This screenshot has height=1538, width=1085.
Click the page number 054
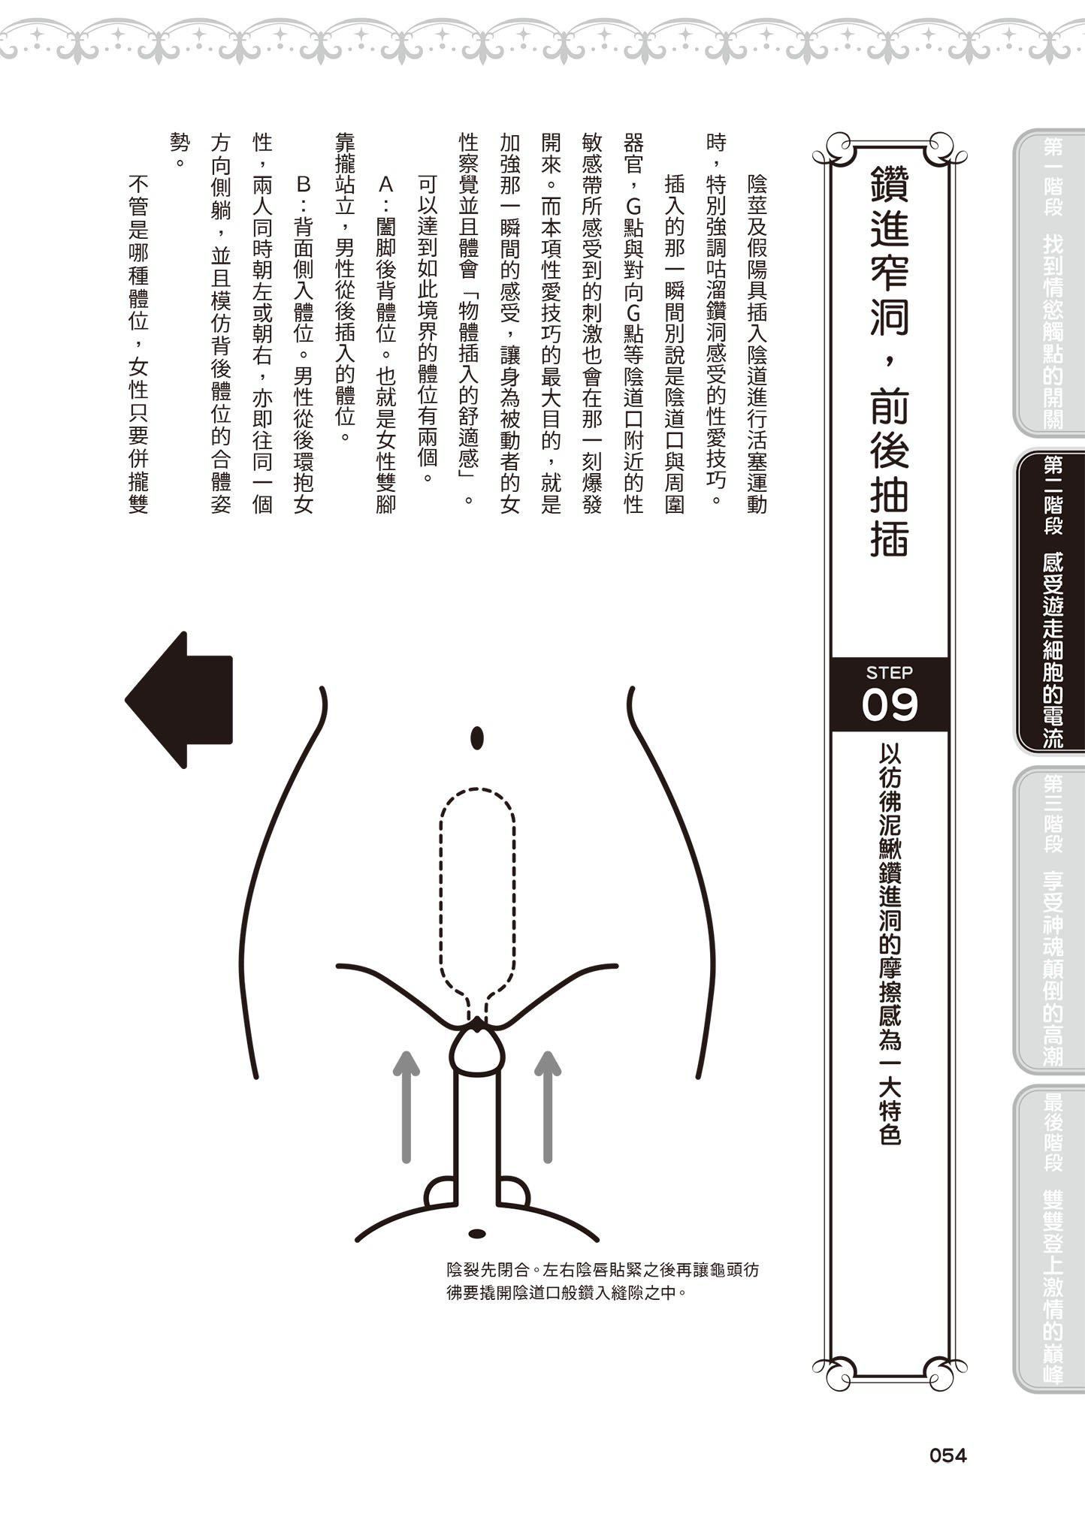[947, 1455]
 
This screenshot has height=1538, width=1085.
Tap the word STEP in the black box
[889, 673]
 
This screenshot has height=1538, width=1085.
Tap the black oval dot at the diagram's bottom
[476, 1233]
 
